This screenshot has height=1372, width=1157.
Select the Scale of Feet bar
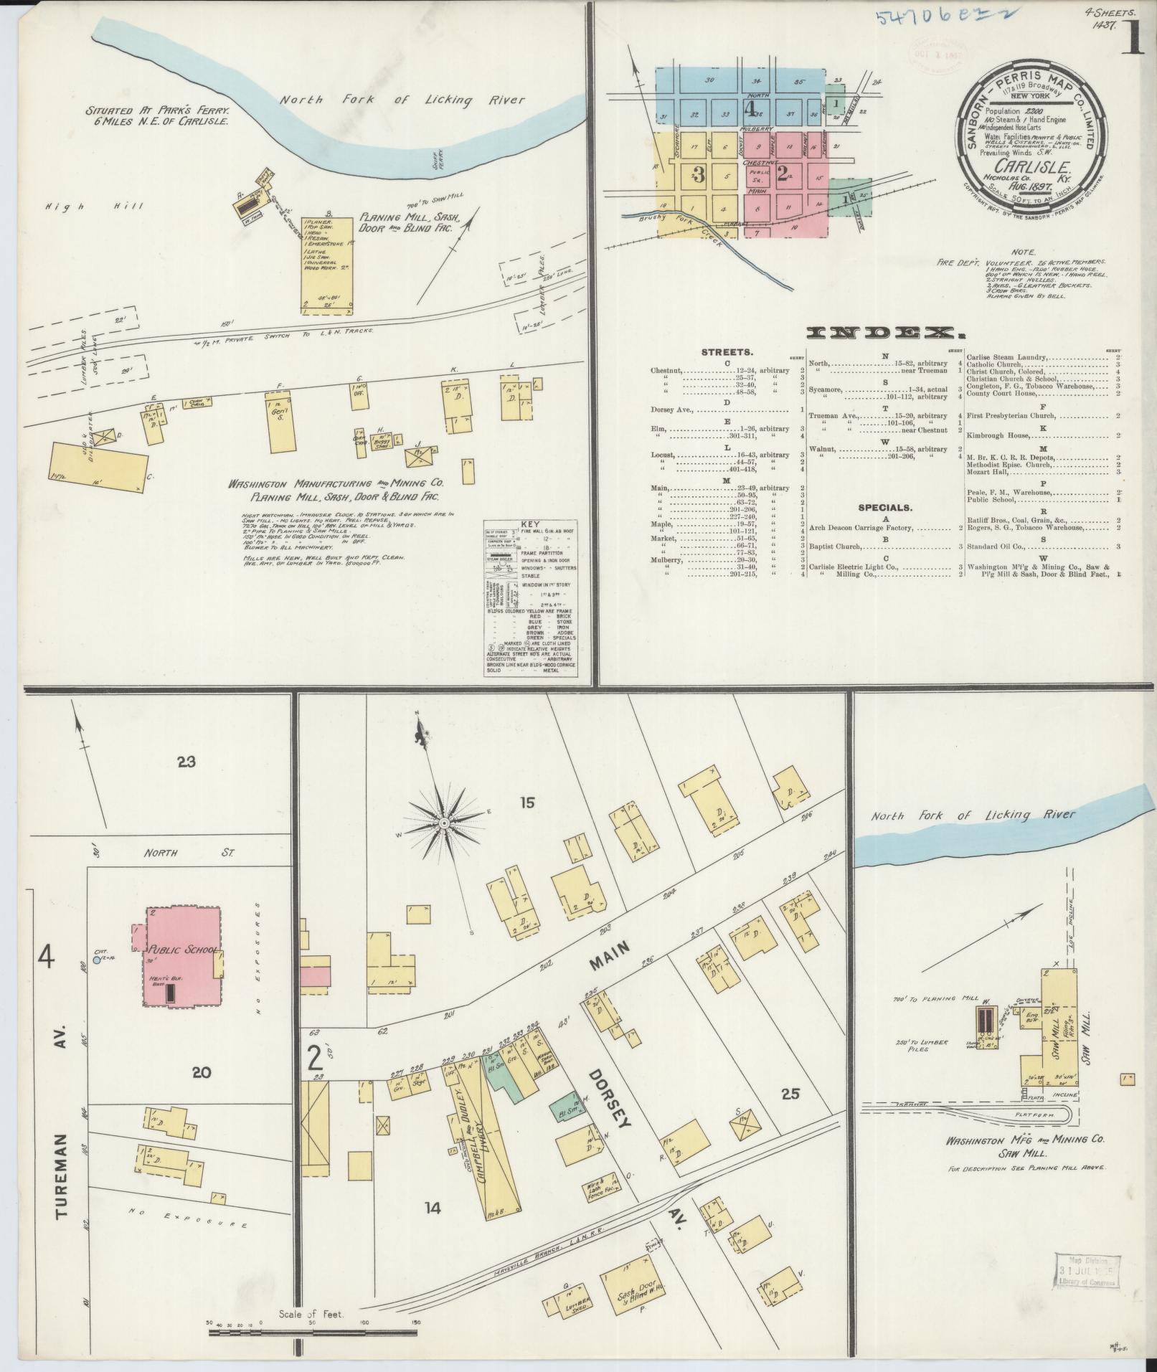coord(313,1333)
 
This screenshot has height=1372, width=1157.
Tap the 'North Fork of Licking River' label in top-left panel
coord(402,100)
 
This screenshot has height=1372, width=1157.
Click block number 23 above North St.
coord(186,762)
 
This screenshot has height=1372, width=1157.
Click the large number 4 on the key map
coord(750,110)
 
